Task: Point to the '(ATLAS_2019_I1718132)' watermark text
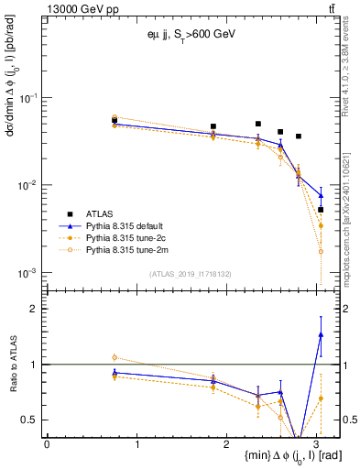(189, 274)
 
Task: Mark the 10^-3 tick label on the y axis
(28, 273)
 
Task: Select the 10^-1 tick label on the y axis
(28, 97)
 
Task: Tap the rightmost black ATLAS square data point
(321, 210)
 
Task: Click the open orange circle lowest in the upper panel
(321, 251)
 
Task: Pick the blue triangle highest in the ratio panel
(321, 334)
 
